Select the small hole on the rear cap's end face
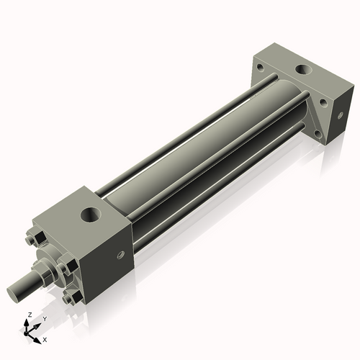340,115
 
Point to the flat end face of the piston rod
12,294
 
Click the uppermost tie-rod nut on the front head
37,238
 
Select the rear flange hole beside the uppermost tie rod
260,67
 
